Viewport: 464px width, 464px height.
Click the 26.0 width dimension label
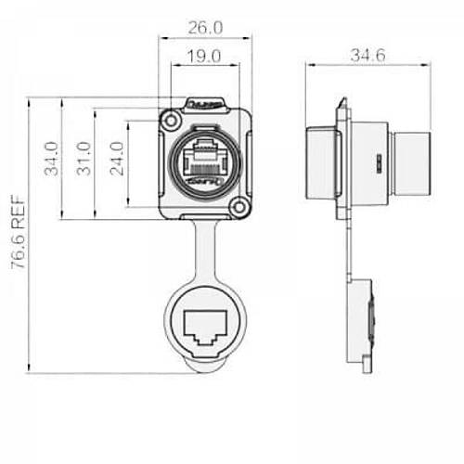204,28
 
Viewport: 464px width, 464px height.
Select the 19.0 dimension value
203,58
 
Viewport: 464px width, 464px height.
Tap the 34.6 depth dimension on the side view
368,56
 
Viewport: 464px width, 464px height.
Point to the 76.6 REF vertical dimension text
18,232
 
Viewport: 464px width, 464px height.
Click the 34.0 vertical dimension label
52,159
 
